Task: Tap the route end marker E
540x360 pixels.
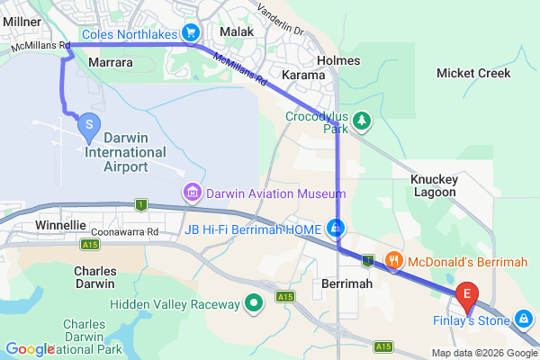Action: point(467,293)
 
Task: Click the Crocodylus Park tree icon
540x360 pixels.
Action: point(361,120)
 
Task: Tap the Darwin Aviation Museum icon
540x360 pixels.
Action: point(192,192)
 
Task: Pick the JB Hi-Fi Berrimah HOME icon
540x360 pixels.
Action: point(335,228)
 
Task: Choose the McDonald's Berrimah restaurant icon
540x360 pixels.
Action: point(393,261)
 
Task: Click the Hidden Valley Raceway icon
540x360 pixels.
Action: point(254,303)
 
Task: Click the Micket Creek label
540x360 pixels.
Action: point(472,73)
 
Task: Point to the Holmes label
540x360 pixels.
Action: point(339,60)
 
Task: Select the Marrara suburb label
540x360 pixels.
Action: point(112,62)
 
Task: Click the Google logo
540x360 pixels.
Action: point(29,349)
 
